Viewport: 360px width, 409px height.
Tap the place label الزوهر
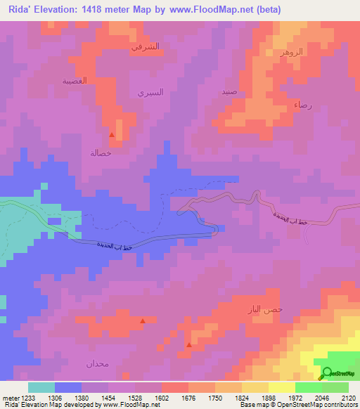[290, 53]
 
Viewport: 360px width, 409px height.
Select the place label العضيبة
[74, 81]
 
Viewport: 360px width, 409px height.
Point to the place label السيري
[150, 93]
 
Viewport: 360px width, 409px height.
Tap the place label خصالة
[101, 152]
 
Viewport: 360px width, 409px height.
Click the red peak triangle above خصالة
[111, 134]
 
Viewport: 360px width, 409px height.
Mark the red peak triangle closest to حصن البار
[188, 344]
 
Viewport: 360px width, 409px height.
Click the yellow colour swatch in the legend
[282, 387]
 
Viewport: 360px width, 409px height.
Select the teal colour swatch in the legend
[41, 387]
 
